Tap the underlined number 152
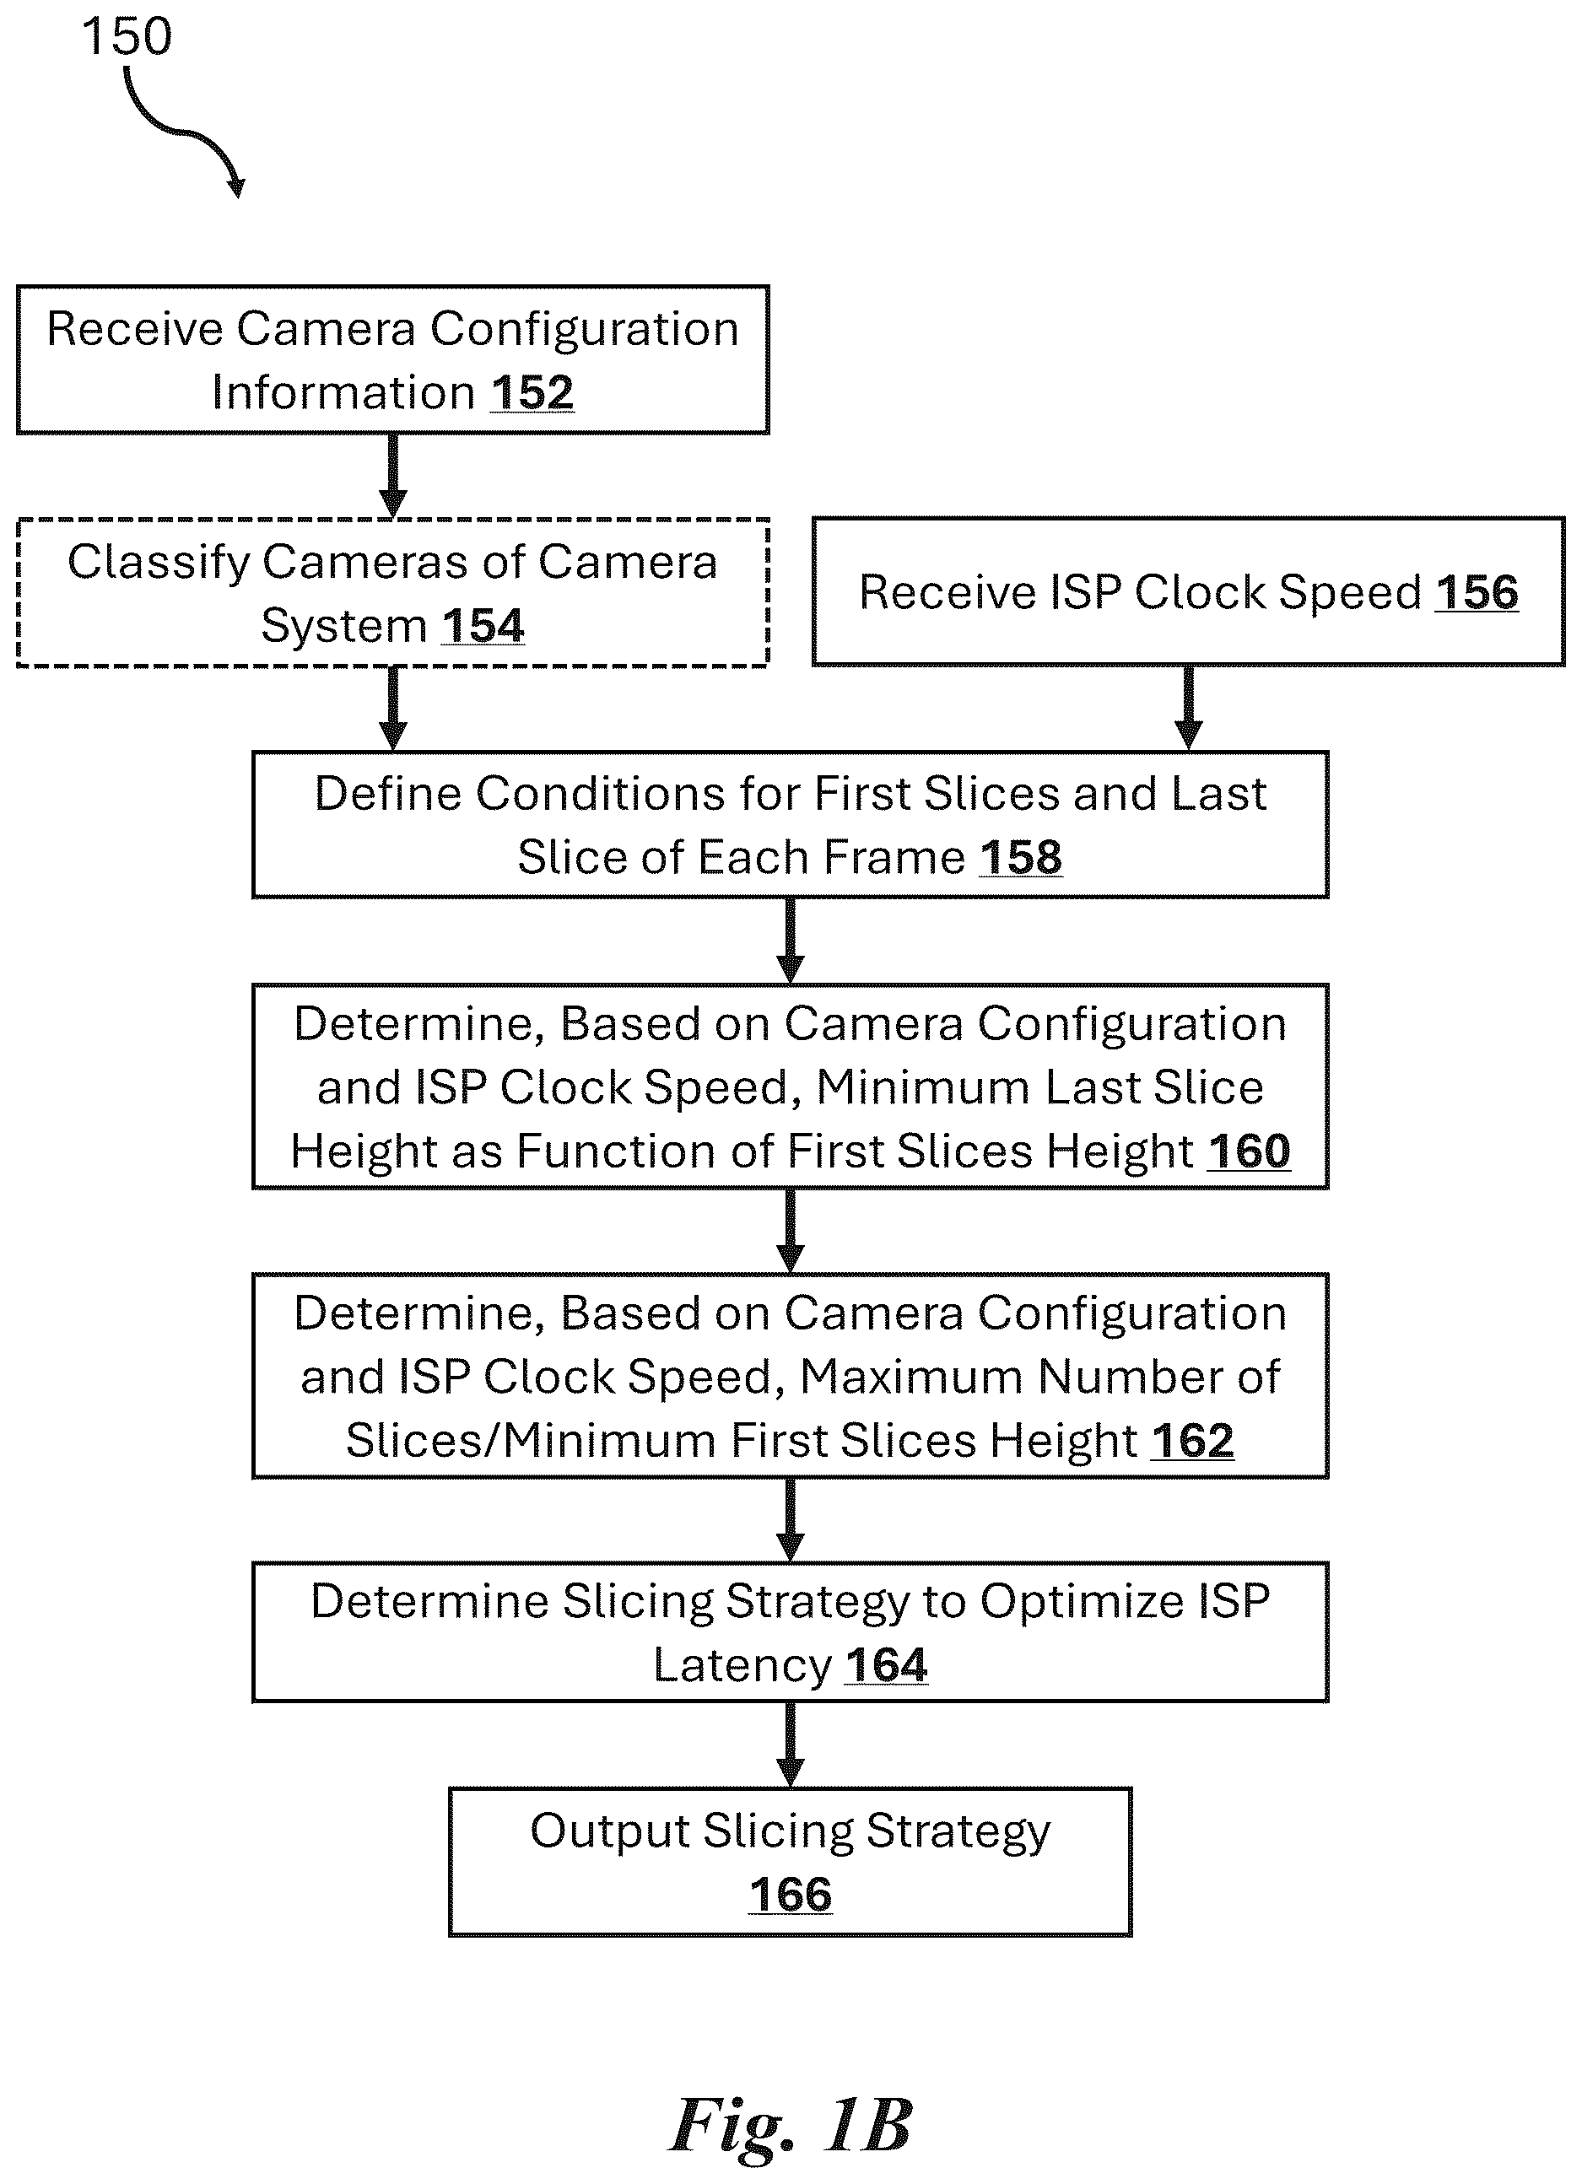pos(532,393)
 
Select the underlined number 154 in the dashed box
pos(483,626)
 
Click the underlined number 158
pos(1021,857)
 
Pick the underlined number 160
pos(1249,1151)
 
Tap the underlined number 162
pos(1192,1441)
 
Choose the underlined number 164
pos(886,1665)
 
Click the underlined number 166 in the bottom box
pos(791,1895)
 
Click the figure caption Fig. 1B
pos(791,2124)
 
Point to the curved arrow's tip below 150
pos(237,196)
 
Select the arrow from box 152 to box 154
pos(393,476)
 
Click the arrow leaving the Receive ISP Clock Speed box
pos(1188,708)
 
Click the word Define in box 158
pos(388,794)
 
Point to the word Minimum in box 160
pos(925,1087)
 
